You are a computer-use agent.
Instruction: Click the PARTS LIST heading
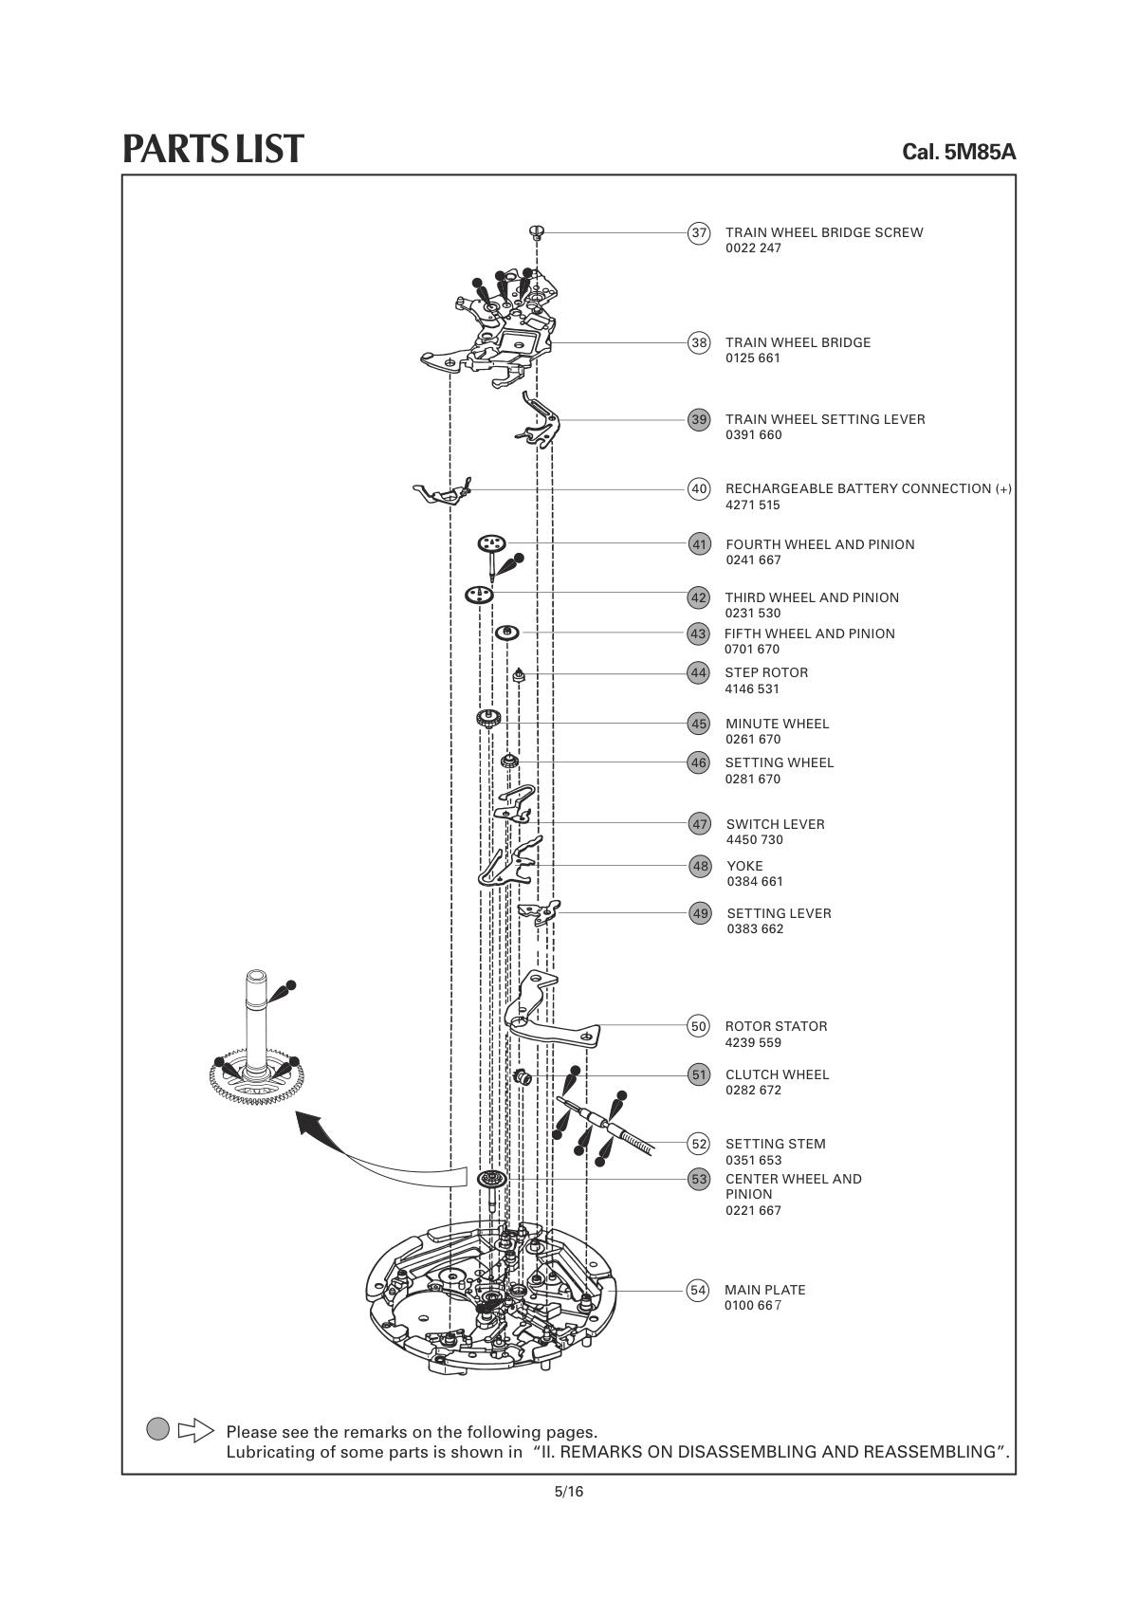[x=213, y=149]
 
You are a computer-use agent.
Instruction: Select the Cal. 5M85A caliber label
[x=959, y=152]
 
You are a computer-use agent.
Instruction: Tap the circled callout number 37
[x=699, y=233]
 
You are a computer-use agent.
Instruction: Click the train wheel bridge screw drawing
[x=538, y=229]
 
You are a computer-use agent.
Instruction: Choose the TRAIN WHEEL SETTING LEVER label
[x=825, y=419]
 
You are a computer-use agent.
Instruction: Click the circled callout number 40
[x=699, y=489]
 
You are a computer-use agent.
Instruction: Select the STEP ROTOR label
[x=766, y=672]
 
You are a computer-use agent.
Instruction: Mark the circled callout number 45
[x=699, y=724]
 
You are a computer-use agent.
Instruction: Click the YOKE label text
[x=744, y=866]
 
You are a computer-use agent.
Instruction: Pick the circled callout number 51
[x=699, y=1074]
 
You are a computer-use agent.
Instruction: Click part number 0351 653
[x=753, y=1160]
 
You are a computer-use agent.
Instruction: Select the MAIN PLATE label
[x=764, y=1290]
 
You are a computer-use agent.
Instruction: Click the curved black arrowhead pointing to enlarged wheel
[x=307, y=1125]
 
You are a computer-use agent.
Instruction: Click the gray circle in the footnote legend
[x=158, y=1429]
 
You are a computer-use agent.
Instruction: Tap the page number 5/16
[x=569, y=1492]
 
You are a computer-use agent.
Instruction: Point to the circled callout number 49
[x=700, y=913]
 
